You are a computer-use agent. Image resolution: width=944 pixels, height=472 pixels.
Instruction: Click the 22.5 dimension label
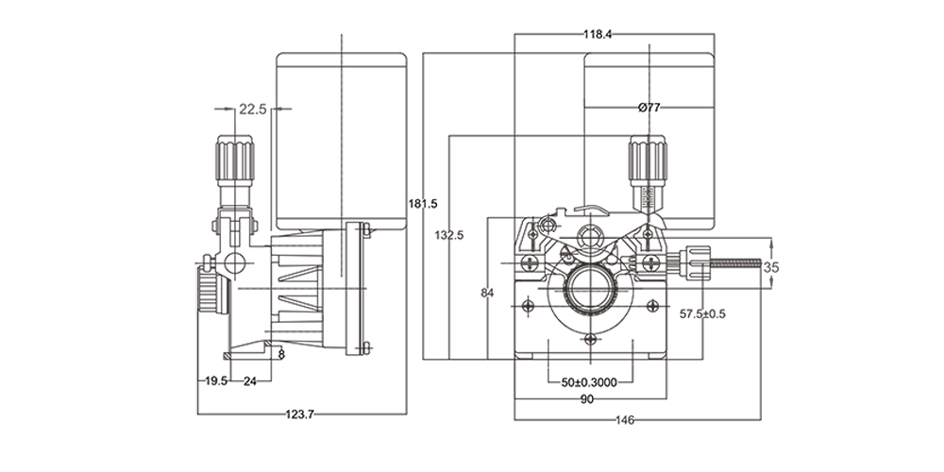pos(252,110)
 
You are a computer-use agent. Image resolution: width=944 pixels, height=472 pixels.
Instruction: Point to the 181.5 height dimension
pos(424,203)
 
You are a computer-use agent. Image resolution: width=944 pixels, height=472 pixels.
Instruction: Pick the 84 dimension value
pos(487,293)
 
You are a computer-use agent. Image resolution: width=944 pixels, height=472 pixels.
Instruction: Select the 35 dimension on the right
pos(771,267)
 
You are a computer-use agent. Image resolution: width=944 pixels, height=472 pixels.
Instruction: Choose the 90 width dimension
pos(586,399)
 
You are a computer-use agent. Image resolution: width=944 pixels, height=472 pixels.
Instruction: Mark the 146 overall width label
pos(624,419)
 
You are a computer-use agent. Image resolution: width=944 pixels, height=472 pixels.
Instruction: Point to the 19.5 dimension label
pos(216,381)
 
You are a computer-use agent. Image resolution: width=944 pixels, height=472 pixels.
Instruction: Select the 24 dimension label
pos(250,381)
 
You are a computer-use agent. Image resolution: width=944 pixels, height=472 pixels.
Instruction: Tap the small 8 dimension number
pos(281,356)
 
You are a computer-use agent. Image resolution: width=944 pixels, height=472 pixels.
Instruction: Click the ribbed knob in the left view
pos(235,160)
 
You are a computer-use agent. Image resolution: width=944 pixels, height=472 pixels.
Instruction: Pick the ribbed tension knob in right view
pos(648,160)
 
